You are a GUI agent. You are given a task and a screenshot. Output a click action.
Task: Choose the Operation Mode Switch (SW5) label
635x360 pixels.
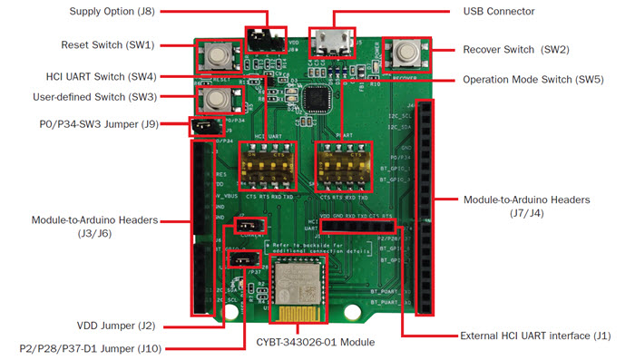point(532,79)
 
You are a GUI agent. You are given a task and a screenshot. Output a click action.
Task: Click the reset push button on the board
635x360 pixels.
point(217,55)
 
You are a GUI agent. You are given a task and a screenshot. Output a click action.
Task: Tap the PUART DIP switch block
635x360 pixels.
point(342,164)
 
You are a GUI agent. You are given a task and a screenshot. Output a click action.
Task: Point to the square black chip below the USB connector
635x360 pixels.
point(317,96)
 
